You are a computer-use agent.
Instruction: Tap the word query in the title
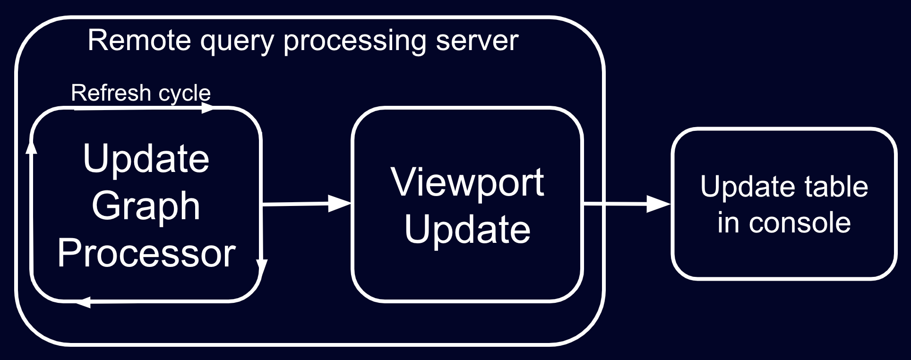tap(237, 41)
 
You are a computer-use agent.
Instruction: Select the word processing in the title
tap(354, 41)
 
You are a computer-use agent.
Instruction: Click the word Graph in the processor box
tap(146, 206)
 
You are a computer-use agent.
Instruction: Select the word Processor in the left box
tap(146, 253)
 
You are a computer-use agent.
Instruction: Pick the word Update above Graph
tap(146, 159)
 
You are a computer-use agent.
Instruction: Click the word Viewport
tap(467, 182)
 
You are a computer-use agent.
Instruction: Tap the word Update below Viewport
tap(467, 229)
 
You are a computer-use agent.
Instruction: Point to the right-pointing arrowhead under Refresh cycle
tap(207, 109)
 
